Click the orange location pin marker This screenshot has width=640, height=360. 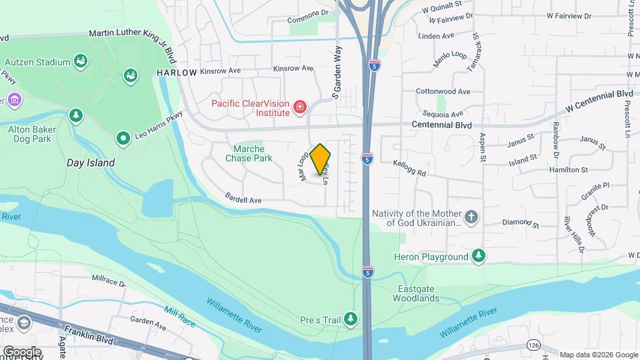321,159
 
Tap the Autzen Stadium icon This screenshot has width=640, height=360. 81,62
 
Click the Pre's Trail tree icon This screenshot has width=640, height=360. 351,321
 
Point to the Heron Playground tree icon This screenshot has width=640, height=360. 478,256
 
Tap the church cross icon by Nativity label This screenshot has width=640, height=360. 471,217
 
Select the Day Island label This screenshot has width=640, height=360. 91,163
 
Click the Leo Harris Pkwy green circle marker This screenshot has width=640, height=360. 123,139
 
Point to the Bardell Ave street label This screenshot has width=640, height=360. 243,199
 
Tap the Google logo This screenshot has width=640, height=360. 22,352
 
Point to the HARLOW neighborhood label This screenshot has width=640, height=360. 177,72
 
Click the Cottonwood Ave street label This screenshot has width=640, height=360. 443,92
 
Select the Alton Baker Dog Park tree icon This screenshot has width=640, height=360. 76,115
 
